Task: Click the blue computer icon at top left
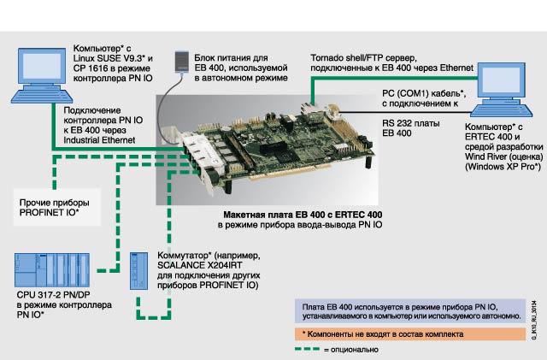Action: coord(35,73)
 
